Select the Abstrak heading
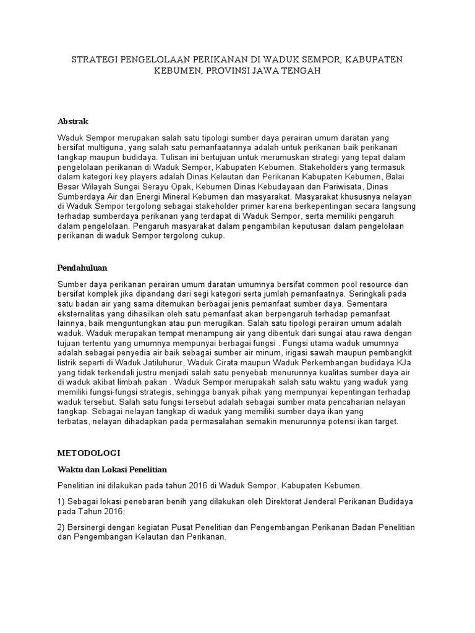[73, 121]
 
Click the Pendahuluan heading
[82, 268]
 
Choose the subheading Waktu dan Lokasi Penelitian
[112, 469]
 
